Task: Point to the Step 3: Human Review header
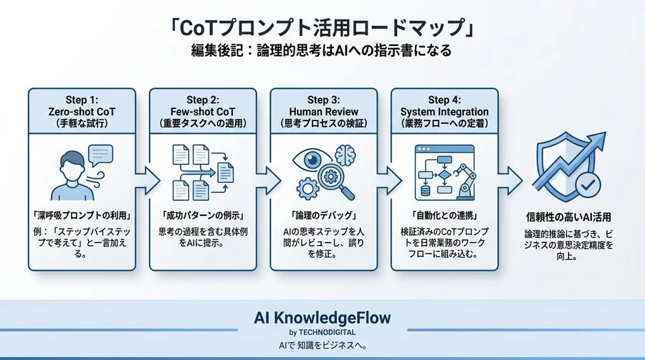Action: coord(322,111)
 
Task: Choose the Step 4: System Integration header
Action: coord(444,111)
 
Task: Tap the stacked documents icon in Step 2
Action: coord(201,172)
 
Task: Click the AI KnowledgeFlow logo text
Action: coord(322,318)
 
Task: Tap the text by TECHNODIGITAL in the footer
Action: coord(322,332)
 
